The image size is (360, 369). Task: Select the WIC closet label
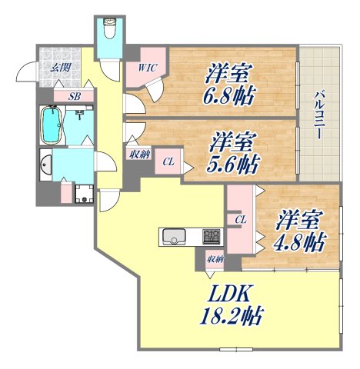click(148, 68)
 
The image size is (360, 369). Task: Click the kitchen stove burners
click(212, 235)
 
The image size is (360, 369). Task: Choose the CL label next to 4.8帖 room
click(240, 220)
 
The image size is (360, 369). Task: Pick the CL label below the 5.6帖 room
click(168, 161)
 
